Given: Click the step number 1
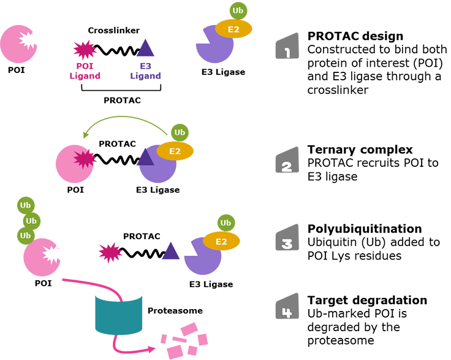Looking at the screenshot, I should point(287,53).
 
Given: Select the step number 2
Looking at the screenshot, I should point(286,167).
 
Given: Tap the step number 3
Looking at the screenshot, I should point(286,243).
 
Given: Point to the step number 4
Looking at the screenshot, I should point(286,313).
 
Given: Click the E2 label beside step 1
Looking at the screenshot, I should point(233,29).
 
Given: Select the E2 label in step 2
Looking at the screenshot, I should point(175,151).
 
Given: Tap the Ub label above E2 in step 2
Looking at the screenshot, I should point(180,132).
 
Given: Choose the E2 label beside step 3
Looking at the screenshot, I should point(221,242).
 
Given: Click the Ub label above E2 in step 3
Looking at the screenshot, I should point(225,223).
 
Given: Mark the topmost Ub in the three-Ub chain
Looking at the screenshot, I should point(26,205).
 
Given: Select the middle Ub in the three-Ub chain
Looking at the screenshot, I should point(31,221).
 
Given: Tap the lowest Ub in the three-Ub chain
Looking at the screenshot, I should point(26,236).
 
